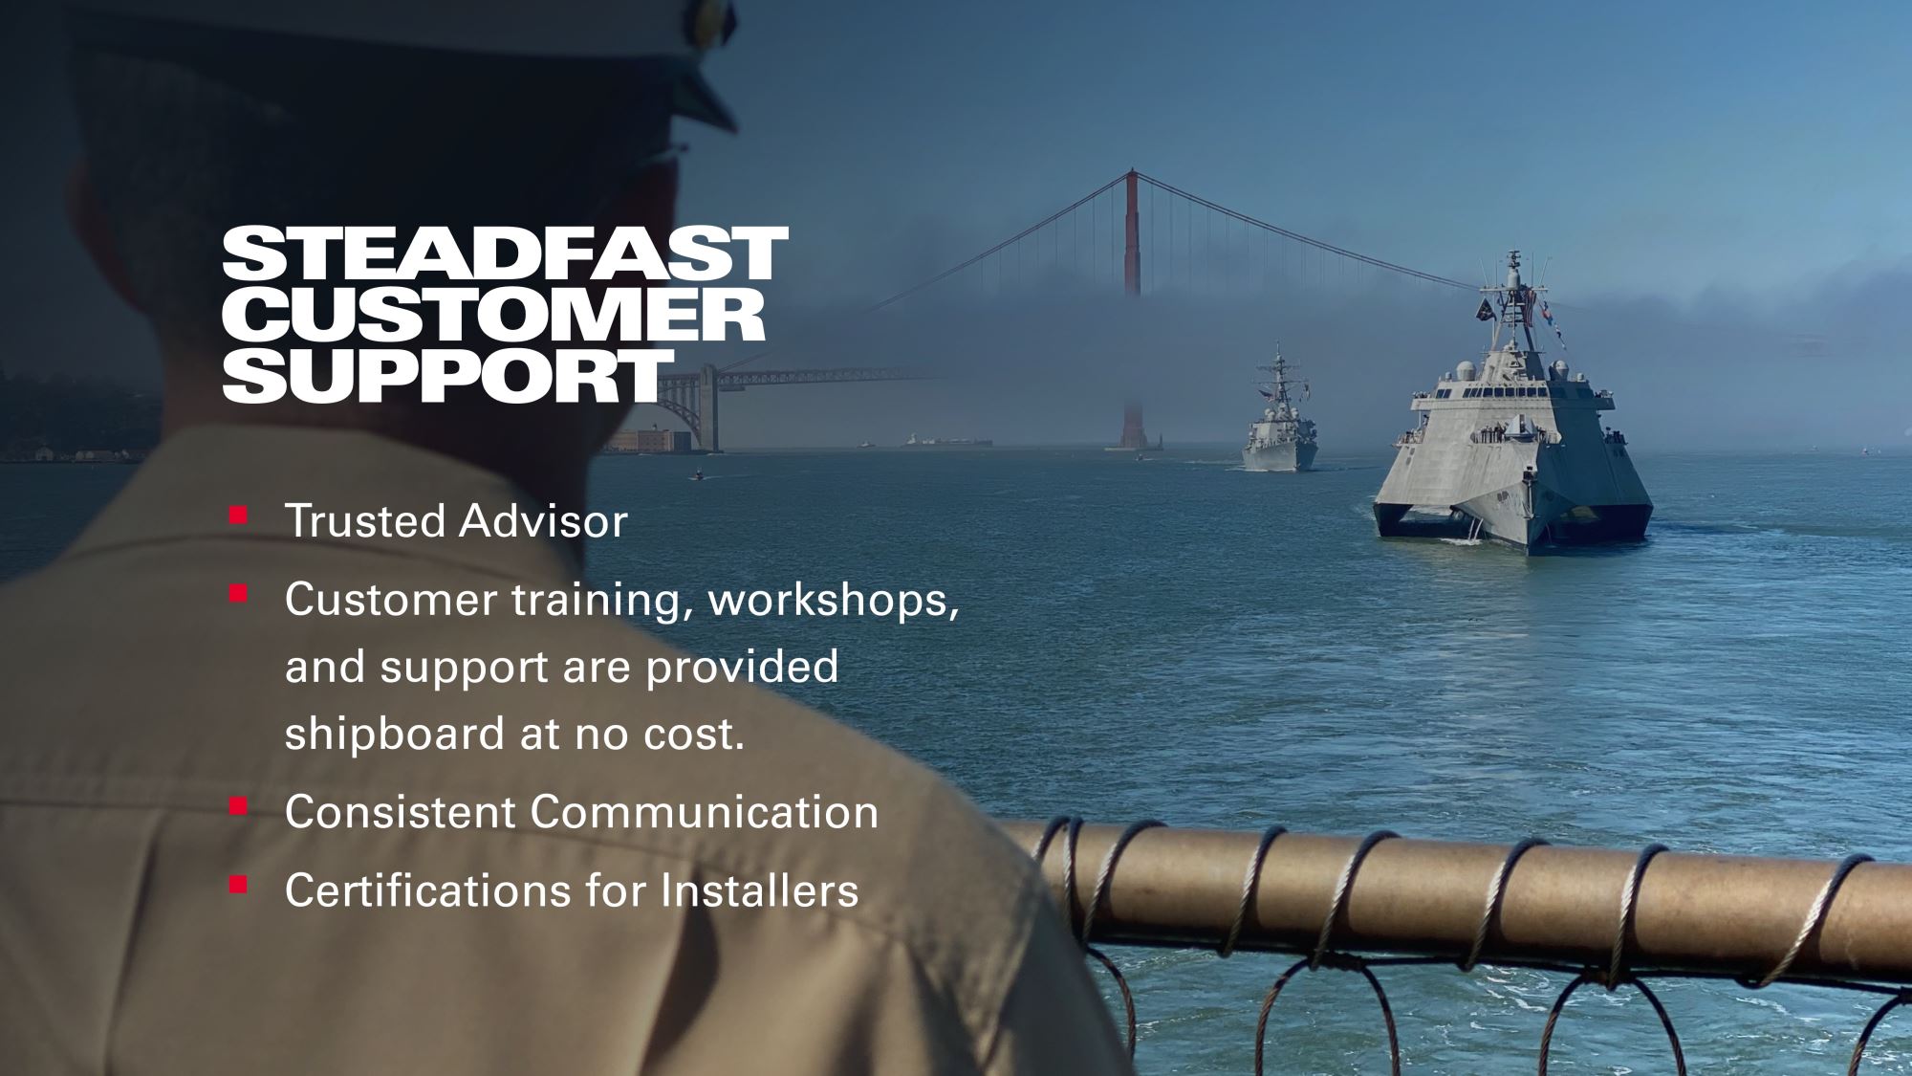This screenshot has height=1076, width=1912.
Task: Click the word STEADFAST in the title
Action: click(505, 253)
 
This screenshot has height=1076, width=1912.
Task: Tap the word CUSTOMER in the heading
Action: click(493, 315)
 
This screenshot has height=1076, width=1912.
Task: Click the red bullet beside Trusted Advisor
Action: click(238, 516)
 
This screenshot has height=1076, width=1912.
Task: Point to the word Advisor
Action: click(542, 520)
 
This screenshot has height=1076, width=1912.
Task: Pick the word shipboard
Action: click(395, 734)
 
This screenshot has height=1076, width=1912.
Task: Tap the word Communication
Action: click(704, 811)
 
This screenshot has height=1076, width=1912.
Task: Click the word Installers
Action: click(759, 889)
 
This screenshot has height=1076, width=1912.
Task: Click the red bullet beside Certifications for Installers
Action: click(238, 886)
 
